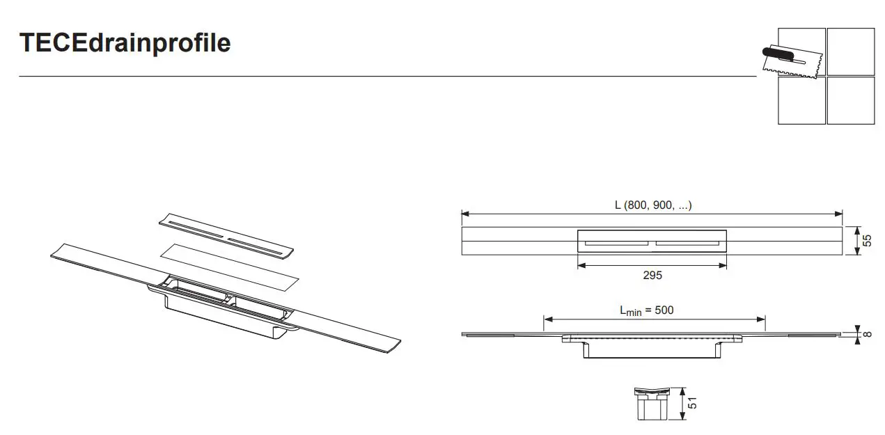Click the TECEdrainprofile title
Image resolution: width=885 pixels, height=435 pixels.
[x=125, y=43]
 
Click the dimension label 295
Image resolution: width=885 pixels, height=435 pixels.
[x=652, y=276]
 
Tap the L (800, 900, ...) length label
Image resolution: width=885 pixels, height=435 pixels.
[x=653, y=205]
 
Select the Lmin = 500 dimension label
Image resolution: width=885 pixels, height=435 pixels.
[x=647, y=310]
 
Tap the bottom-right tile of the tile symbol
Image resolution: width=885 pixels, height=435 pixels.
[x=850, y=100]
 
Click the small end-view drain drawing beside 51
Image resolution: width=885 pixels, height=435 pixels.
[x=652, y=404]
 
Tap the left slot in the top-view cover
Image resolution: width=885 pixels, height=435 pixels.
[x=617, y=243]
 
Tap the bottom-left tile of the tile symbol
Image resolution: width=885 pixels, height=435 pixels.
[x=801, y=100]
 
